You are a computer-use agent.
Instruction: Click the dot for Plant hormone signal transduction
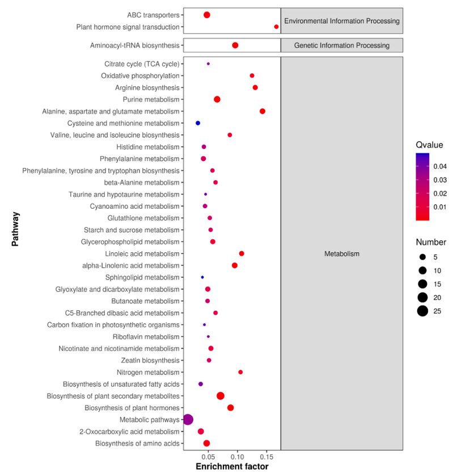point(277,27)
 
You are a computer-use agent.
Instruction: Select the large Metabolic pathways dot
point(188,420)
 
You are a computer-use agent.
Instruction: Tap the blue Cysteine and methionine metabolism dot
point(198,123)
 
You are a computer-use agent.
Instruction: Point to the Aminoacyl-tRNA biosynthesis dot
point(235,45)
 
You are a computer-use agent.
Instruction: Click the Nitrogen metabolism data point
point(240,372)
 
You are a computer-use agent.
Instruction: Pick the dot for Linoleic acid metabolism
point(242,254)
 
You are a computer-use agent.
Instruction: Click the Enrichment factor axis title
point(232,467)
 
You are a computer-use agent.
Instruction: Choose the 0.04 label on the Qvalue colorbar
point(440,167)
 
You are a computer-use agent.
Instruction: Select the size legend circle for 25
point(423,311)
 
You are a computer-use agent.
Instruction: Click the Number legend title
point(431,242)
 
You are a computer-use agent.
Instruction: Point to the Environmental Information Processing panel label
point(342,21)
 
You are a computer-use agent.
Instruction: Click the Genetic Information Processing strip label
point(342,45)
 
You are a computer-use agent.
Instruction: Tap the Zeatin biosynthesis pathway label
point(153,360)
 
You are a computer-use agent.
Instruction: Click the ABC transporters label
point(154,15)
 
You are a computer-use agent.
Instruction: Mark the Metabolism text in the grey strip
point(342,254)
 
